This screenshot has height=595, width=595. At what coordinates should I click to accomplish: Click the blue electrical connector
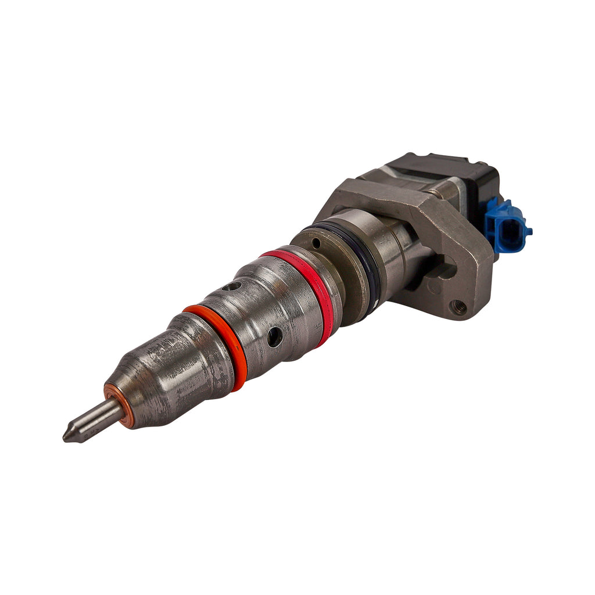pyautogui.click(x=507, y=227)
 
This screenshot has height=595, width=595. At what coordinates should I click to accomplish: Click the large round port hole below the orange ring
pyautogui.click(x=274, y=336)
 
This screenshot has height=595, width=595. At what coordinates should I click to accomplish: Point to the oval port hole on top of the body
pyautogui.click(x=232, y=286)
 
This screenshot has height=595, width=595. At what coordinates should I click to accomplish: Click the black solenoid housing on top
pyautogui.click(x=447, y=174)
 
